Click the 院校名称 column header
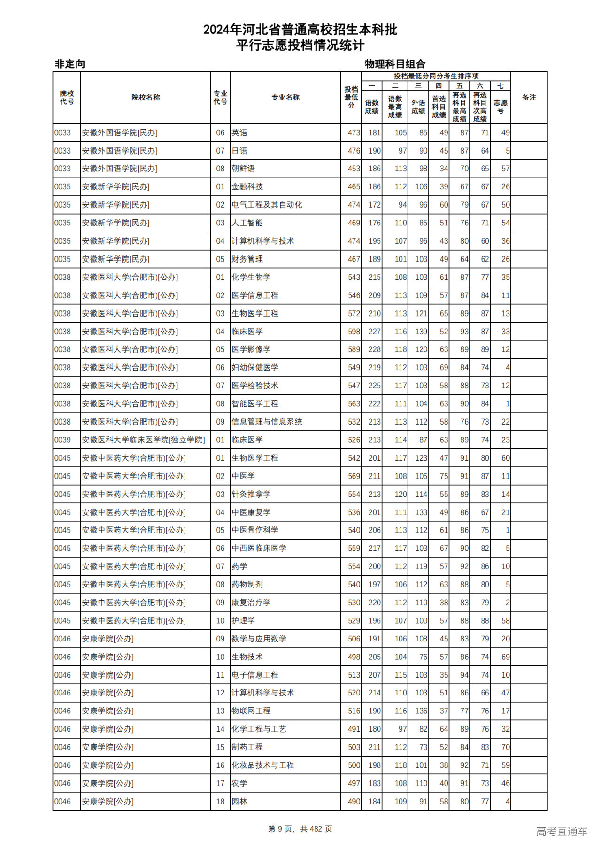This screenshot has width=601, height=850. (146, 97)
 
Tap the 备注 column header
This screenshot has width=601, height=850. (529, 97)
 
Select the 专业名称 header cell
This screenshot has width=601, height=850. (285, 97)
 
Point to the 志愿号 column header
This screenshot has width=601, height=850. (501, 106)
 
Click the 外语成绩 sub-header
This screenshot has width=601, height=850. (418, 106)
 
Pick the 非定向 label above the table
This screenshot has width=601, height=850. (70, 64)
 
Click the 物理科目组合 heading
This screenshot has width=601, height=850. (395, 64)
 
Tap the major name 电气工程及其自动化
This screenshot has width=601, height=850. (267, 205)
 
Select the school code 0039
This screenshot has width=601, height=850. (62, 440)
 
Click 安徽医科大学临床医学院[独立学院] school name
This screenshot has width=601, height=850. (143, 440)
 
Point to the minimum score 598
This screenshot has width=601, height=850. (354, 332)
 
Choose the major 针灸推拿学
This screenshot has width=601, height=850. (251, 494)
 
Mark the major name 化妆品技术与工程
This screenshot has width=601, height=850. (262, 765)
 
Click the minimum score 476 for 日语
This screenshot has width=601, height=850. (354, 151)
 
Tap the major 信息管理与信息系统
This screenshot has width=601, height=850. (267, 422)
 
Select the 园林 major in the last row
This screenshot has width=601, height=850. (239, 801)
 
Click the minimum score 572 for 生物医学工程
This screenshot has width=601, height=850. (354, 313)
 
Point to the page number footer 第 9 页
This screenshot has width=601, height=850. (280, 829)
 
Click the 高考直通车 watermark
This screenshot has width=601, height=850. (562, 831)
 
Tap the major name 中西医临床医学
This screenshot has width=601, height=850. (259, 548)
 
